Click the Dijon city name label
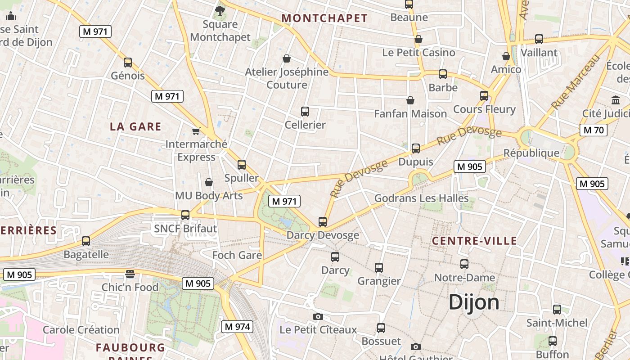pyautogui.click(x=474, y=302)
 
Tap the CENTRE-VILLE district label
pyautogui.click(x=474, y=241)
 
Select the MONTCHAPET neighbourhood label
pyautogui.click(x=324, y=18)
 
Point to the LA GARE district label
pyautogui.click(x=135, y=126)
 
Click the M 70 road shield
pyautogui.click(x=594, y=130)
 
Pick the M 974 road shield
pyautogui.click(x=237, y=327)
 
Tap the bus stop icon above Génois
pyautogui.click(x=128, y=63)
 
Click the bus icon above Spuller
pyautogui.click(x=242, y=165)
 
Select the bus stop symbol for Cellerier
pyautogui.click(x=305, y=112)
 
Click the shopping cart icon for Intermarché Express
pyautogui.click(x=196, y=131)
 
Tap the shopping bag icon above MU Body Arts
pyautogui.click(x=209, y=182)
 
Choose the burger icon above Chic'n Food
pyautogui.click(x=130, y=274)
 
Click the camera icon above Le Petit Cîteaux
pyautogui.click(x=318, y=316)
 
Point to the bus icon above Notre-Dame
pyautogui.click(x=464, y=264)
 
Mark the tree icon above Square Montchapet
pyautogui.click(x=220, y=10)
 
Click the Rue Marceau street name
pyautogui.click(x=576, y=82)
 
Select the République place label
pyautogui.click(x=531, y=153)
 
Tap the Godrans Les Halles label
pyautogui.click(x=421, y=198)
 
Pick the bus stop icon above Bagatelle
pyautogui.click(x=86, y=241)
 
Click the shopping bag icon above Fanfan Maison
pyautogui.click(x=410, y=100)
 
